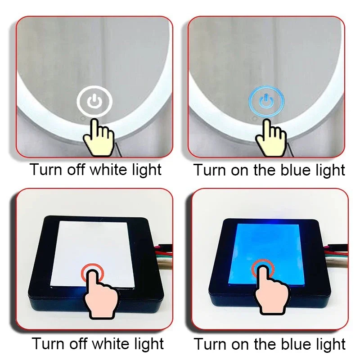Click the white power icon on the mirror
(x=94, y=101)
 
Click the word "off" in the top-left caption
(x=77, y=170)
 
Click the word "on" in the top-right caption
(x=245, y=171)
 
